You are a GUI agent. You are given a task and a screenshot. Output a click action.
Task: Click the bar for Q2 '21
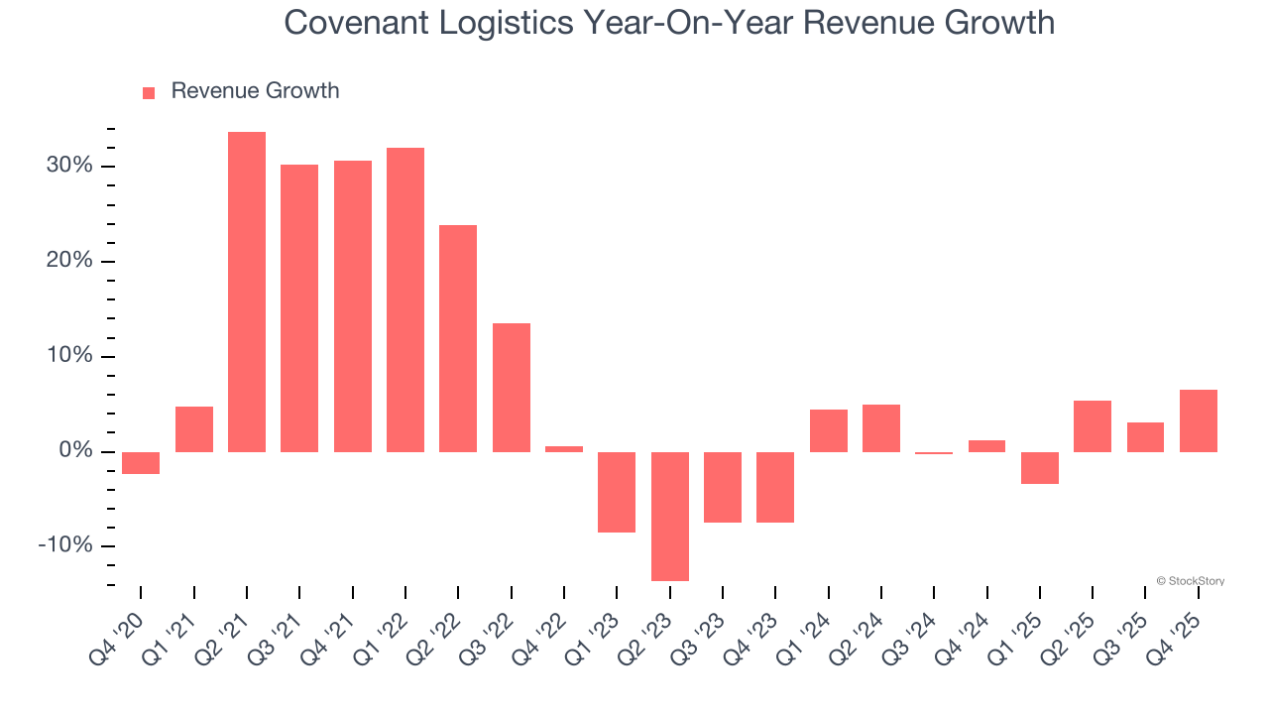pyautogui.click(x=247, y=292)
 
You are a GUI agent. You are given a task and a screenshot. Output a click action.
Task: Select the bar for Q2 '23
pyautogui.click(x=670, y=516)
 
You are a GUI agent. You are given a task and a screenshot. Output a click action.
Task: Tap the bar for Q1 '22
pyautogui.click(x=405, y=299)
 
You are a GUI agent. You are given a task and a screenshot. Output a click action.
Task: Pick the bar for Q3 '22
pyautogui.click(x=512, y=387)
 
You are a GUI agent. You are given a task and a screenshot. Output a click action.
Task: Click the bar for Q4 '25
pyautogui.click(x=1199, y=420)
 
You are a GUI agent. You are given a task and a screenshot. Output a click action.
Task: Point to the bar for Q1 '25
pyautogui.click(x=1040, y=467)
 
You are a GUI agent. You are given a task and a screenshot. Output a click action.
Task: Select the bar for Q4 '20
pyautogui.click(x=141, y=463)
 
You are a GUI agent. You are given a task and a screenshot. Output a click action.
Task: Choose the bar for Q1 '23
pyautogui.click(x=617, y=492)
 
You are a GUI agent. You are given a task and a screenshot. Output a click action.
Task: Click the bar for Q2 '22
pyautogui.click(x=458, y=338)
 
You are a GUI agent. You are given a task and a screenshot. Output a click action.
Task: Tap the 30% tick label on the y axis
pyautogui.click(x=69, y=166)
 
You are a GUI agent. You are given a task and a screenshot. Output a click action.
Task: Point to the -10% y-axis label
pyautogui.click(x=65, y=546)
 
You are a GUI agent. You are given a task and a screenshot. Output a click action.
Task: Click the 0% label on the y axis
pyautogui.click(x=75, y=451)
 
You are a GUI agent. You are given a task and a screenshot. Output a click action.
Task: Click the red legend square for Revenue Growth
pyautogui.click(x=149, y=92)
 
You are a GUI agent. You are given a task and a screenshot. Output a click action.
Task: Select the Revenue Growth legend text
pyautogui.click(x=255, y=91)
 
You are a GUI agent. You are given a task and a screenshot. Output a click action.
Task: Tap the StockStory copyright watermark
pyautogui.click(x=1191, y=581)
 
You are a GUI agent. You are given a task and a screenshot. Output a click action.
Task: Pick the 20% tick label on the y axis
pyautogui.click(x=69, y=261)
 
